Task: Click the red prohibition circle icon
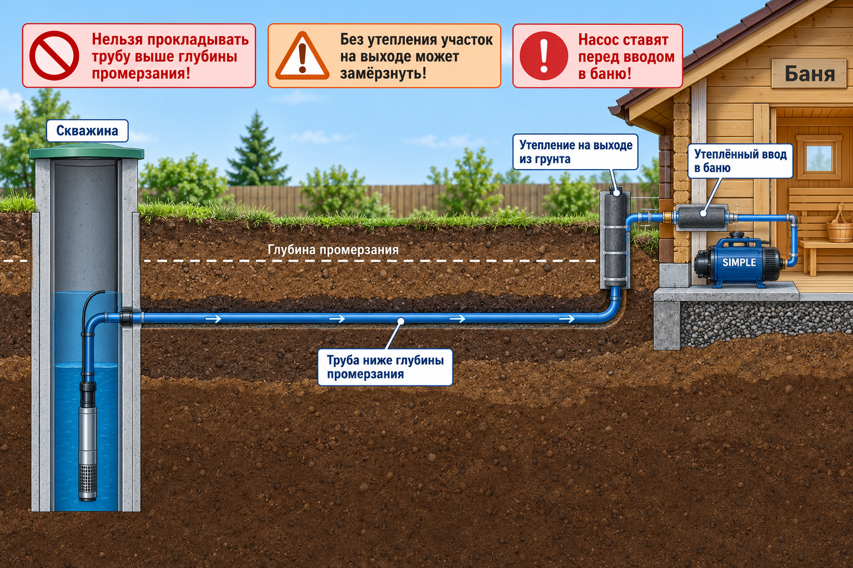54,56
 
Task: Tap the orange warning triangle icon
302,57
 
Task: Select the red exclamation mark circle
544,56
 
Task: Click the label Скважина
87,130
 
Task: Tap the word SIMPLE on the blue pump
739,262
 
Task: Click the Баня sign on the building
810,73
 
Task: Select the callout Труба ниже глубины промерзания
385,367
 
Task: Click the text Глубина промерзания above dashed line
333,250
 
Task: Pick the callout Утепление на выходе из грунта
575,152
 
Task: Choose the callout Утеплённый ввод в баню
740,161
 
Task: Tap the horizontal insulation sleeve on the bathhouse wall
702,217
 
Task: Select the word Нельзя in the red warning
117,39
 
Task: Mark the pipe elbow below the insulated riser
610,311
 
